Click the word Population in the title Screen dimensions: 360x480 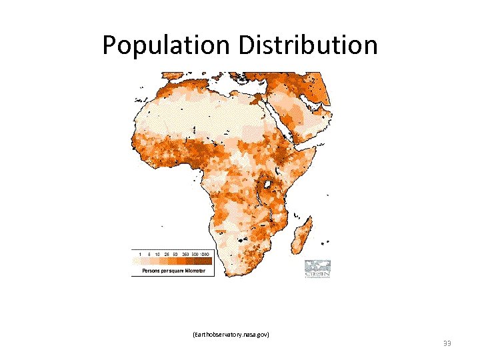[164, 45]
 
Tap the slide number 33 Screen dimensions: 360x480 [447, 343]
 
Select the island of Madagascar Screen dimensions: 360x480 [303, 233]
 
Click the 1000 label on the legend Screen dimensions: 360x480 [205, 254]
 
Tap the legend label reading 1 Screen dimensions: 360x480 [140, 254]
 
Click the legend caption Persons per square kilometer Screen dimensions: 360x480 [173, 271]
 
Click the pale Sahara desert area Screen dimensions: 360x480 [193, 117]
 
